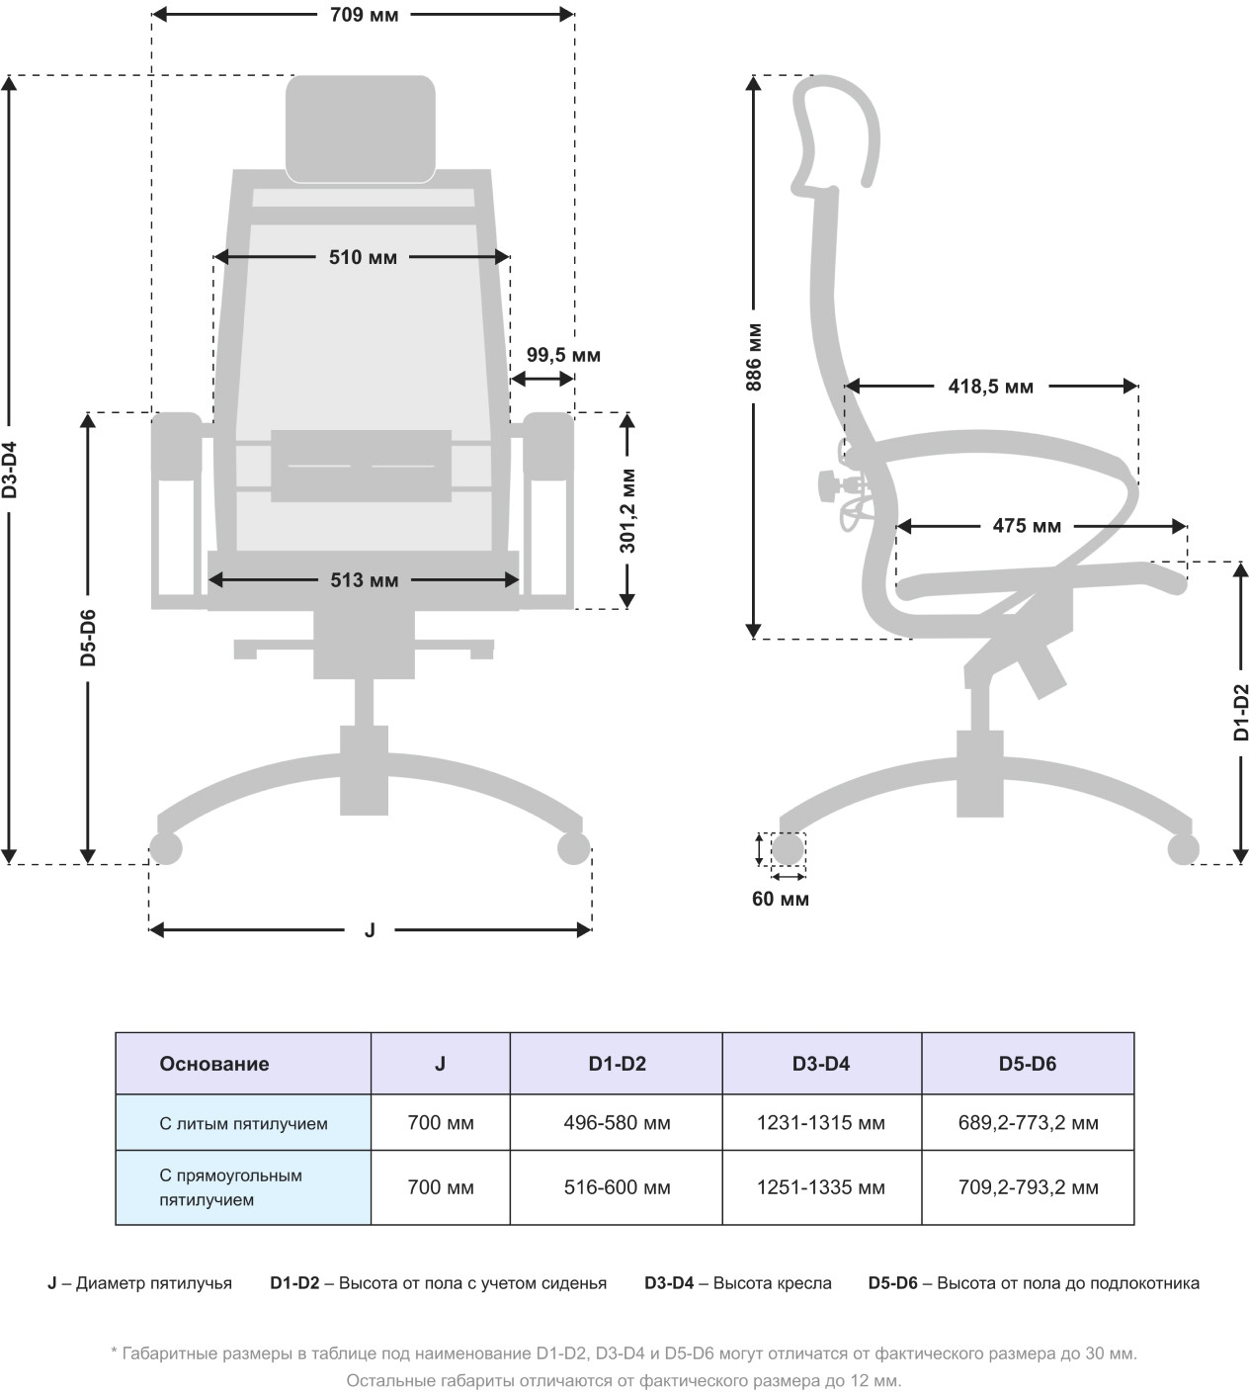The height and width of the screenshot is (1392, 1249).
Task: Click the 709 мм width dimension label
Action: (364, 15)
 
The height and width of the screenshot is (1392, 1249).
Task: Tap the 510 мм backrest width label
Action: (363, 257)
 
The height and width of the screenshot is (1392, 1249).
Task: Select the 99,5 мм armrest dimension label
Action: (563, 355)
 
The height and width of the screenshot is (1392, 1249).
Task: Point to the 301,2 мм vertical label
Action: (628, 510)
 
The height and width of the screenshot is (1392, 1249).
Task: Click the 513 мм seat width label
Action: (364, 580)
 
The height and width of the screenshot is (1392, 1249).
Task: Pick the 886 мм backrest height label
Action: (754, 356)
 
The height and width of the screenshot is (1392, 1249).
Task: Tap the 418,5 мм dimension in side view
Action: (990, 387)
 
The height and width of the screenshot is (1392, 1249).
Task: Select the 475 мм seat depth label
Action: (1027, 526)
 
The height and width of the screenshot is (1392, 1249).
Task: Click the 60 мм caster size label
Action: (780, 899)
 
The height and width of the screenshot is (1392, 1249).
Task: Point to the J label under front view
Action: (370, 930)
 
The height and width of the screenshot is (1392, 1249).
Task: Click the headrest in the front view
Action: (361, 128)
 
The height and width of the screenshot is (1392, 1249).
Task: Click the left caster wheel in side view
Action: (788, 848)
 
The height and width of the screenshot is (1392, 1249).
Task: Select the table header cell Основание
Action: (214, 1064)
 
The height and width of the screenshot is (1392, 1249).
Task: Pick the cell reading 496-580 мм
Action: (617, 1123)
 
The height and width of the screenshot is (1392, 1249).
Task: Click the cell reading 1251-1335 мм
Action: (820, 1187)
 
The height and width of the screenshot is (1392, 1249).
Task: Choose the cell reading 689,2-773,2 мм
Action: (1028, 1123)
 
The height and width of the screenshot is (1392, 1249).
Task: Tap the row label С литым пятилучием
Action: (243, 1123)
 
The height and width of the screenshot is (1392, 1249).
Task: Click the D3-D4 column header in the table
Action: (820, 1064)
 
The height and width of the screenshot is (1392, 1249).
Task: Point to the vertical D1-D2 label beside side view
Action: (1241, 712)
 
